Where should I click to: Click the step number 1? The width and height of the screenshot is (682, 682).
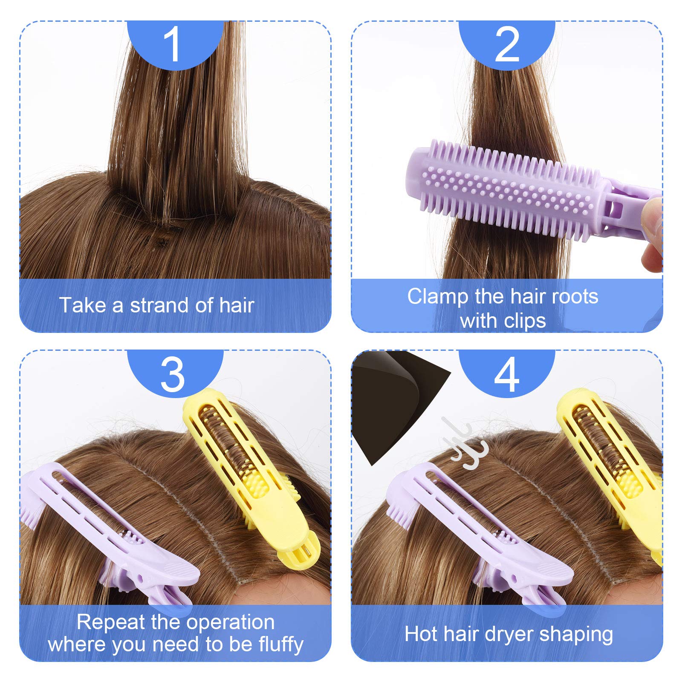(173, 44)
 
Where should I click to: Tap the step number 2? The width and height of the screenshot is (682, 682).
(507, 44)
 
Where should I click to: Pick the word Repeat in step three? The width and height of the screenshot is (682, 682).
(110, 623)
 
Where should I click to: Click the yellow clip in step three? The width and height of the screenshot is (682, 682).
(251, 477)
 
